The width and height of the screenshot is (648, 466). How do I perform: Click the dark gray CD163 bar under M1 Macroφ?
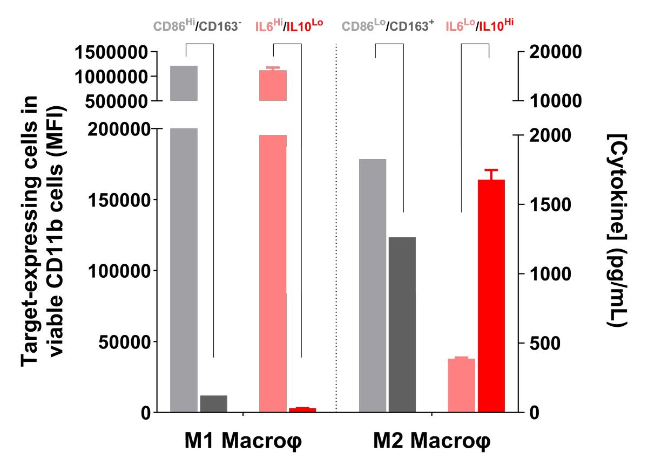tap(213, 403)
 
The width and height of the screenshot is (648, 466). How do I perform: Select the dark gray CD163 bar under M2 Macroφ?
tap(402, 324)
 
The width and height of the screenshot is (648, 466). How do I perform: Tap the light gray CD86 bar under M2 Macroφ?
tap(373, 285)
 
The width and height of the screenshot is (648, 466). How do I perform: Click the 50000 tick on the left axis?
tap(120, 341)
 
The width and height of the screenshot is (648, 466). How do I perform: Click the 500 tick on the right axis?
tap(542, 343)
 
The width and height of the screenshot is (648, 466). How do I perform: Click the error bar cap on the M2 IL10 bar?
tap(491, 170)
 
